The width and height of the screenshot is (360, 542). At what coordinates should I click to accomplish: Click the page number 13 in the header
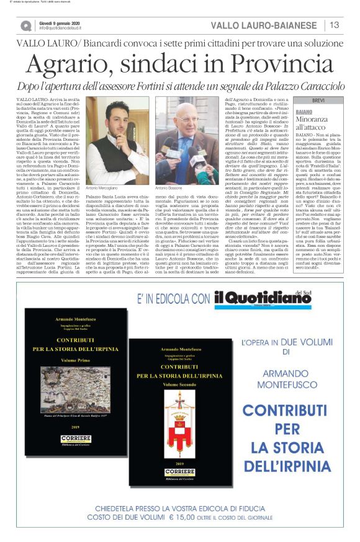tap(334, 25)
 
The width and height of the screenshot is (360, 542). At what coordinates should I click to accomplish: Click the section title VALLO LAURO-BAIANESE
tap(263, 25)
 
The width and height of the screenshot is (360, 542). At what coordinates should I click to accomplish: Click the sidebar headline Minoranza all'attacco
tap(314, 122)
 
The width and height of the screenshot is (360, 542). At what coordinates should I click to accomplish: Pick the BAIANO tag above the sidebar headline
tap(305, 110)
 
